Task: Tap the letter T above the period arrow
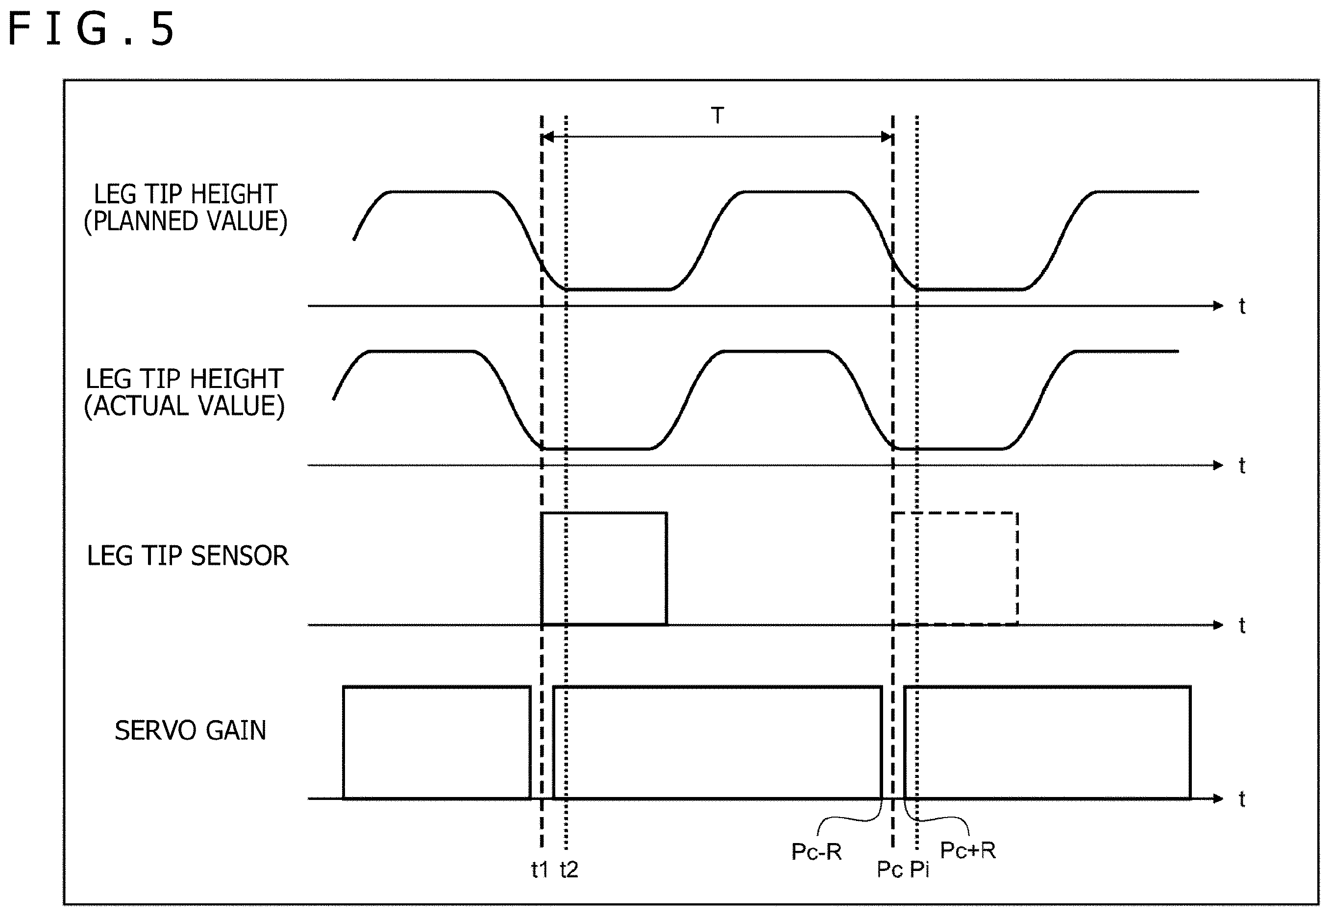click(717, 116)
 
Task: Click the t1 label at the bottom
click(540, 869)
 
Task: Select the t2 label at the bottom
click(569, 869)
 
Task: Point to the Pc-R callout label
click(816, 851)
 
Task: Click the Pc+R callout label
click(968, 850)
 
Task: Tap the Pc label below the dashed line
click(889, 869)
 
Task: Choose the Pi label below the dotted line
click(919, 869)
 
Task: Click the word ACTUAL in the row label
click(142, 406)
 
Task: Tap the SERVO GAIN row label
click(191, 730)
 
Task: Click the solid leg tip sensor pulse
click(604, 512)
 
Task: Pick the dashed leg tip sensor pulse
click(955, 512)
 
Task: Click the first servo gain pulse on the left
click(436, 686)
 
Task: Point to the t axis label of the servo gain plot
click(1242, 799)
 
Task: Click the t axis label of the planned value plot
click(1242, 306)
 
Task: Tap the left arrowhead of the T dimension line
click(548, 137)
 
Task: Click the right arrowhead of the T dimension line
click(887, 137)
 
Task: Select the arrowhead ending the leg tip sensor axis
click(1217, 625)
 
